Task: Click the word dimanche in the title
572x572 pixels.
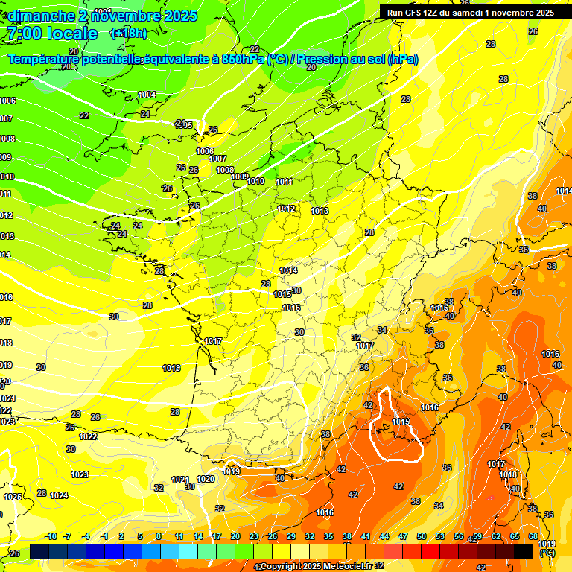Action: point(41,16)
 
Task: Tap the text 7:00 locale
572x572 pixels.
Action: point(51,34)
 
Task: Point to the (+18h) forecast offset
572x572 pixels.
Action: point(128,34)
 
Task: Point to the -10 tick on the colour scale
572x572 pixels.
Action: point(51,536)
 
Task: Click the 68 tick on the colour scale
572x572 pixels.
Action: point(533,536)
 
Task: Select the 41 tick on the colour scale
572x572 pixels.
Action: point(366,536)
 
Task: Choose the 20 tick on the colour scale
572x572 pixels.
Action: point(235,536)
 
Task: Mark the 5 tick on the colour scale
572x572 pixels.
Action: point(140,536)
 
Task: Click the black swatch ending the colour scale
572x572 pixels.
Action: point(524,551)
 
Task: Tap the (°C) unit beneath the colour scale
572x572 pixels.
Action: point(547,553)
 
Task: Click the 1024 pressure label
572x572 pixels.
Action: point(60,495)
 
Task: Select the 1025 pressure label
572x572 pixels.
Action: point(13,497)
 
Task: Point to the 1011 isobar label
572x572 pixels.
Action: point(284,182)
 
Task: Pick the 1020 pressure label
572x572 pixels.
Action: point(206,479)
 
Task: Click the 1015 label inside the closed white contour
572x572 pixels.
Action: point(401,422)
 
